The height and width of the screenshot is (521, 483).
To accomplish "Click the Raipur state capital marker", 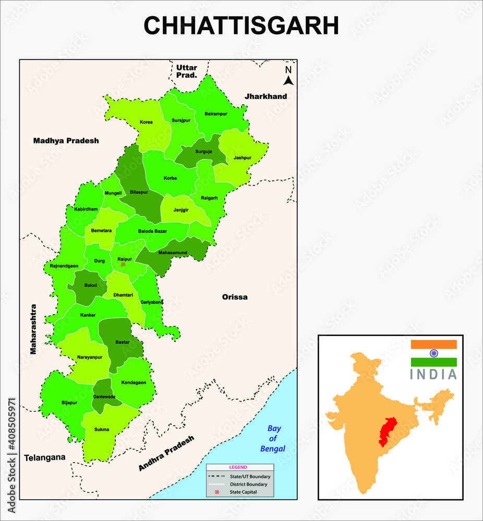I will [x=123, y=264].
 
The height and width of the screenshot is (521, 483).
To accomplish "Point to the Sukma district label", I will [x=102, y=430].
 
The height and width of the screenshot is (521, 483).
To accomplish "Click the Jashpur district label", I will [x=243, y=157].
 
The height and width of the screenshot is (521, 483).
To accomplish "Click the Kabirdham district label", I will [x=86, y=209].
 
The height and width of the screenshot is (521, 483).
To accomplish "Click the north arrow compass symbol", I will [x=288, y=76].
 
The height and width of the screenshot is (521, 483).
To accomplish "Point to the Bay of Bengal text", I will [x=273, y=438].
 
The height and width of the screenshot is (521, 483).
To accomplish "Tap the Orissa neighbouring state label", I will [x=235, y=297].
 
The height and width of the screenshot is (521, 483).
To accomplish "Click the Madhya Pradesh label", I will [x=66, y=141].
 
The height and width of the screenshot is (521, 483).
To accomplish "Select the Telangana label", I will [x=45, y=457].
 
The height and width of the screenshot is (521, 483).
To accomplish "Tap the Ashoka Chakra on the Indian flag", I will [x=433, y=353].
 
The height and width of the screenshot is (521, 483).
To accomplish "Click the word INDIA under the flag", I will [x=433, y=374].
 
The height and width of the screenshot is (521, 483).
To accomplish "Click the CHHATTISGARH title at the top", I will [x=241, y=26].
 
